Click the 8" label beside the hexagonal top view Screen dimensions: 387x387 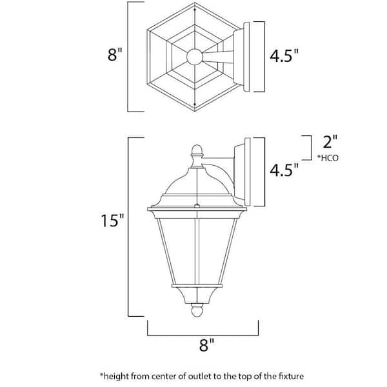(115, 55)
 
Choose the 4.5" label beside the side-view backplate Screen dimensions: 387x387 (284, 170)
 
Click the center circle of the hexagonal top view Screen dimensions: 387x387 (194, 57)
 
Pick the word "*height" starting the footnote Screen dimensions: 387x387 (113, 375)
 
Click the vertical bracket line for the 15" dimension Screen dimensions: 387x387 (130, 226)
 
